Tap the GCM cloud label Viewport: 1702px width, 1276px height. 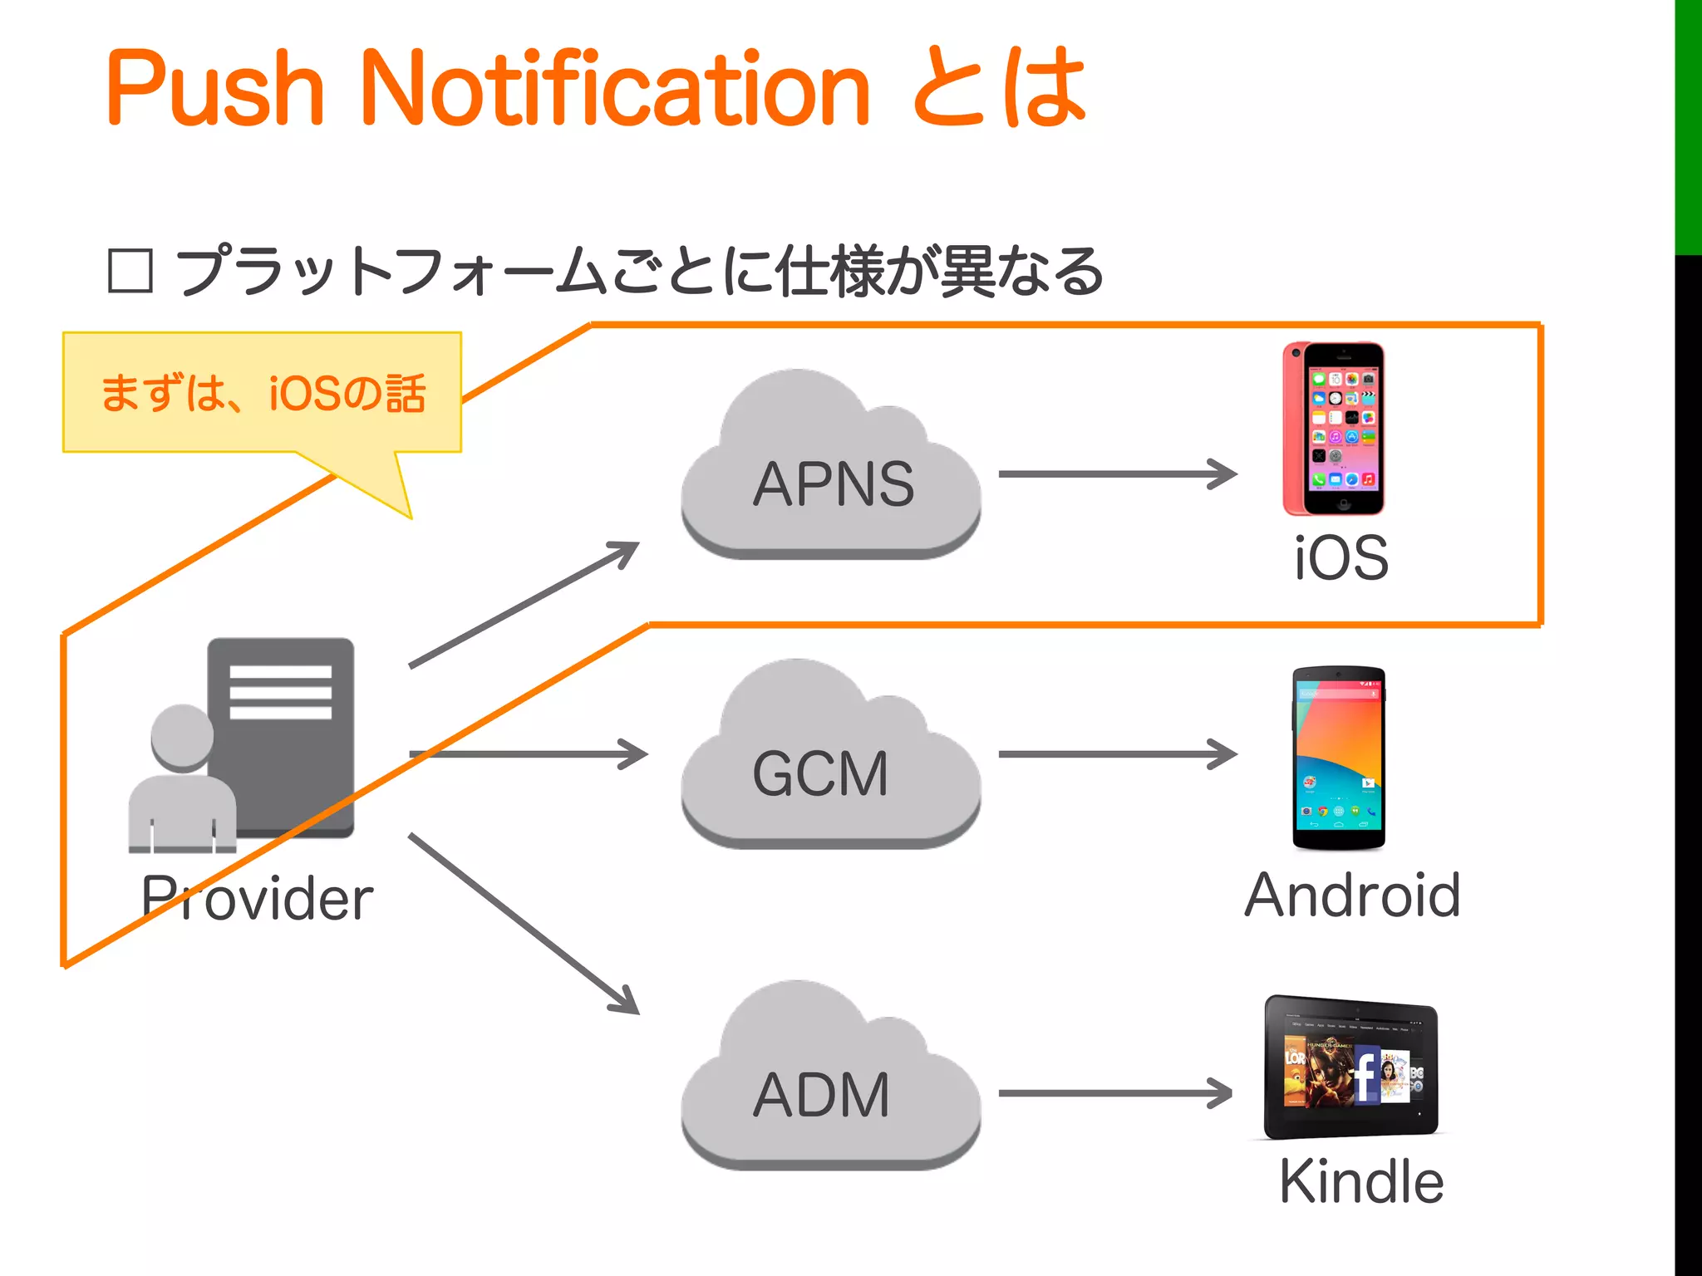pyautogui.click(x=821, y=773)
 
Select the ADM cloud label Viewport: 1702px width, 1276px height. pyautogui.click(x=821, y=1094)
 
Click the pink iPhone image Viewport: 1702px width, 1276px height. pyautogui.click(x=1334, y=429)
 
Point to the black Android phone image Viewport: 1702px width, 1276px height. pyautogui.click(x=1338, y=758)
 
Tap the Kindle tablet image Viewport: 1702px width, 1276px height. pyautogui.click(x=1351, y=1067)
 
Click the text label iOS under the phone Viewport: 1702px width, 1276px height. pyautogui.click(x=1341, y=558)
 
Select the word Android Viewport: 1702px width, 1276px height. pyautogui.click(x=1352, y=896)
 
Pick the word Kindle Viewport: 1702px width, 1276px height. pyautogui.click(x=1361, y=1181)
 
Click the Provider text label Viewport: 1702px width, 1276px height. pyautogui.click(x=258, y=899)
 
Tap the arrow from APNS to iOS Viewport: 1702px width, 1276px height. pyautogui.click(x=1117, y=474)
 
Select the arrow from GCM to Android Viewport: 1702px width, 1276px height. pyautogui.click(x=1117, y=754)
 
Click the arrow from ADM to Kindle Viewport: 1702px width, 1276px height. pyautogui.click(x=1115, y=1093)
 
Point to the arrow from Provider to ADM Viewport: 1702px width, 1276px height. pyautogui.click(x=524, y=924)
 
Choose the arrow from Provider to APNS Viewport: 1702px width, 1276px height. pyautogui.click(x=524, y=605)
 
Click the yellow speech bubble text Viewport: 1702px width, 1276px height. pyautogui.click(x=263, y=393)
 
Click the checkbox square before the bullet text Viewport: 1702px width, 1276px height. pyautogui.click(x=130, y=272)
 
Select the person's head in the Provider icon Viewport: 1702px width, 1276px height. pyautogui.click(x=182, y=736)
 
